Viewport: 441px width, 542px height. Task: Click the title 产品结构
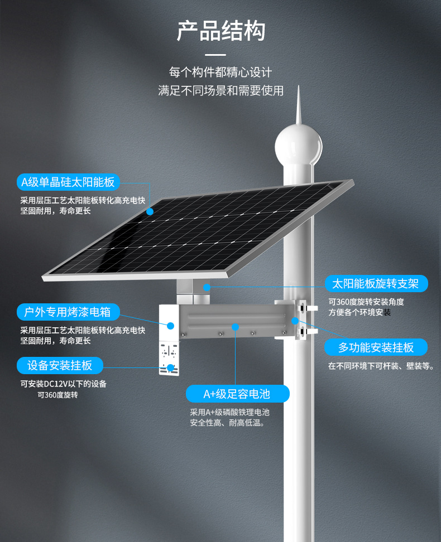click(x=220, y=31)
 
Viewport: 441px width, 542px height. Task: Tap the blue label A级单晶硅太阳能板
click(x=68, y=182)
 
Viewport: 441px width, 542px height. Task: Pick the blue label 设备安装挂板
click(x=60, y=366)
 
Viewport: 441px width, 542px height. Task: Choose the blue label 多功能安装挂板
click(x=376, y=347)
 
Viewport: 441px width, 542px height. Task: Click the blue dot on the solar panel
click(x=150, y=212)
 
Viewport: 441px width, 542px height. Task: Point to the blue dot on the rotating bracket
click(x=207, y=287)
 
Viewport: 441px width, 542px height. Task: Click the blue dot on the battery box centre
click(x=236, y=326)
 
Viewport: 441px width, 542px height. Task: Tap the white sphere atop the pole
click(x=299, y=144)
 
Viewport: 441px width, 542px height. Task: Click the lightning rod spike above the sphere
click(x=299, y=103)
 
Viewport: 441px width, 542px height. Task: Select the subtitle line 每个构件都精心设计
click(x=220, y=72)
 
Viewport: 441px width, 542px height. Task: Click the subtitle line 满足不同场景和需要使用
click(x=220, y=90)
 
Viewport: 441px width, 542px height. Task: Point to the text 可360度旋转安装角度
click(x=366, y=302)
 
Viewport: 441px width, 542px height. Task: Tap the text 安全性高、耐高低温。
click(x=227, y=423)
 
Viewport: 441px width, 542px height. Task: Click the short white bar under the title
click(x=215, y=55)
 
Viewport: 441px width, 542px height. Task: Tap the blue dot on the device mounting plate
click(x=170, y=367)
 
